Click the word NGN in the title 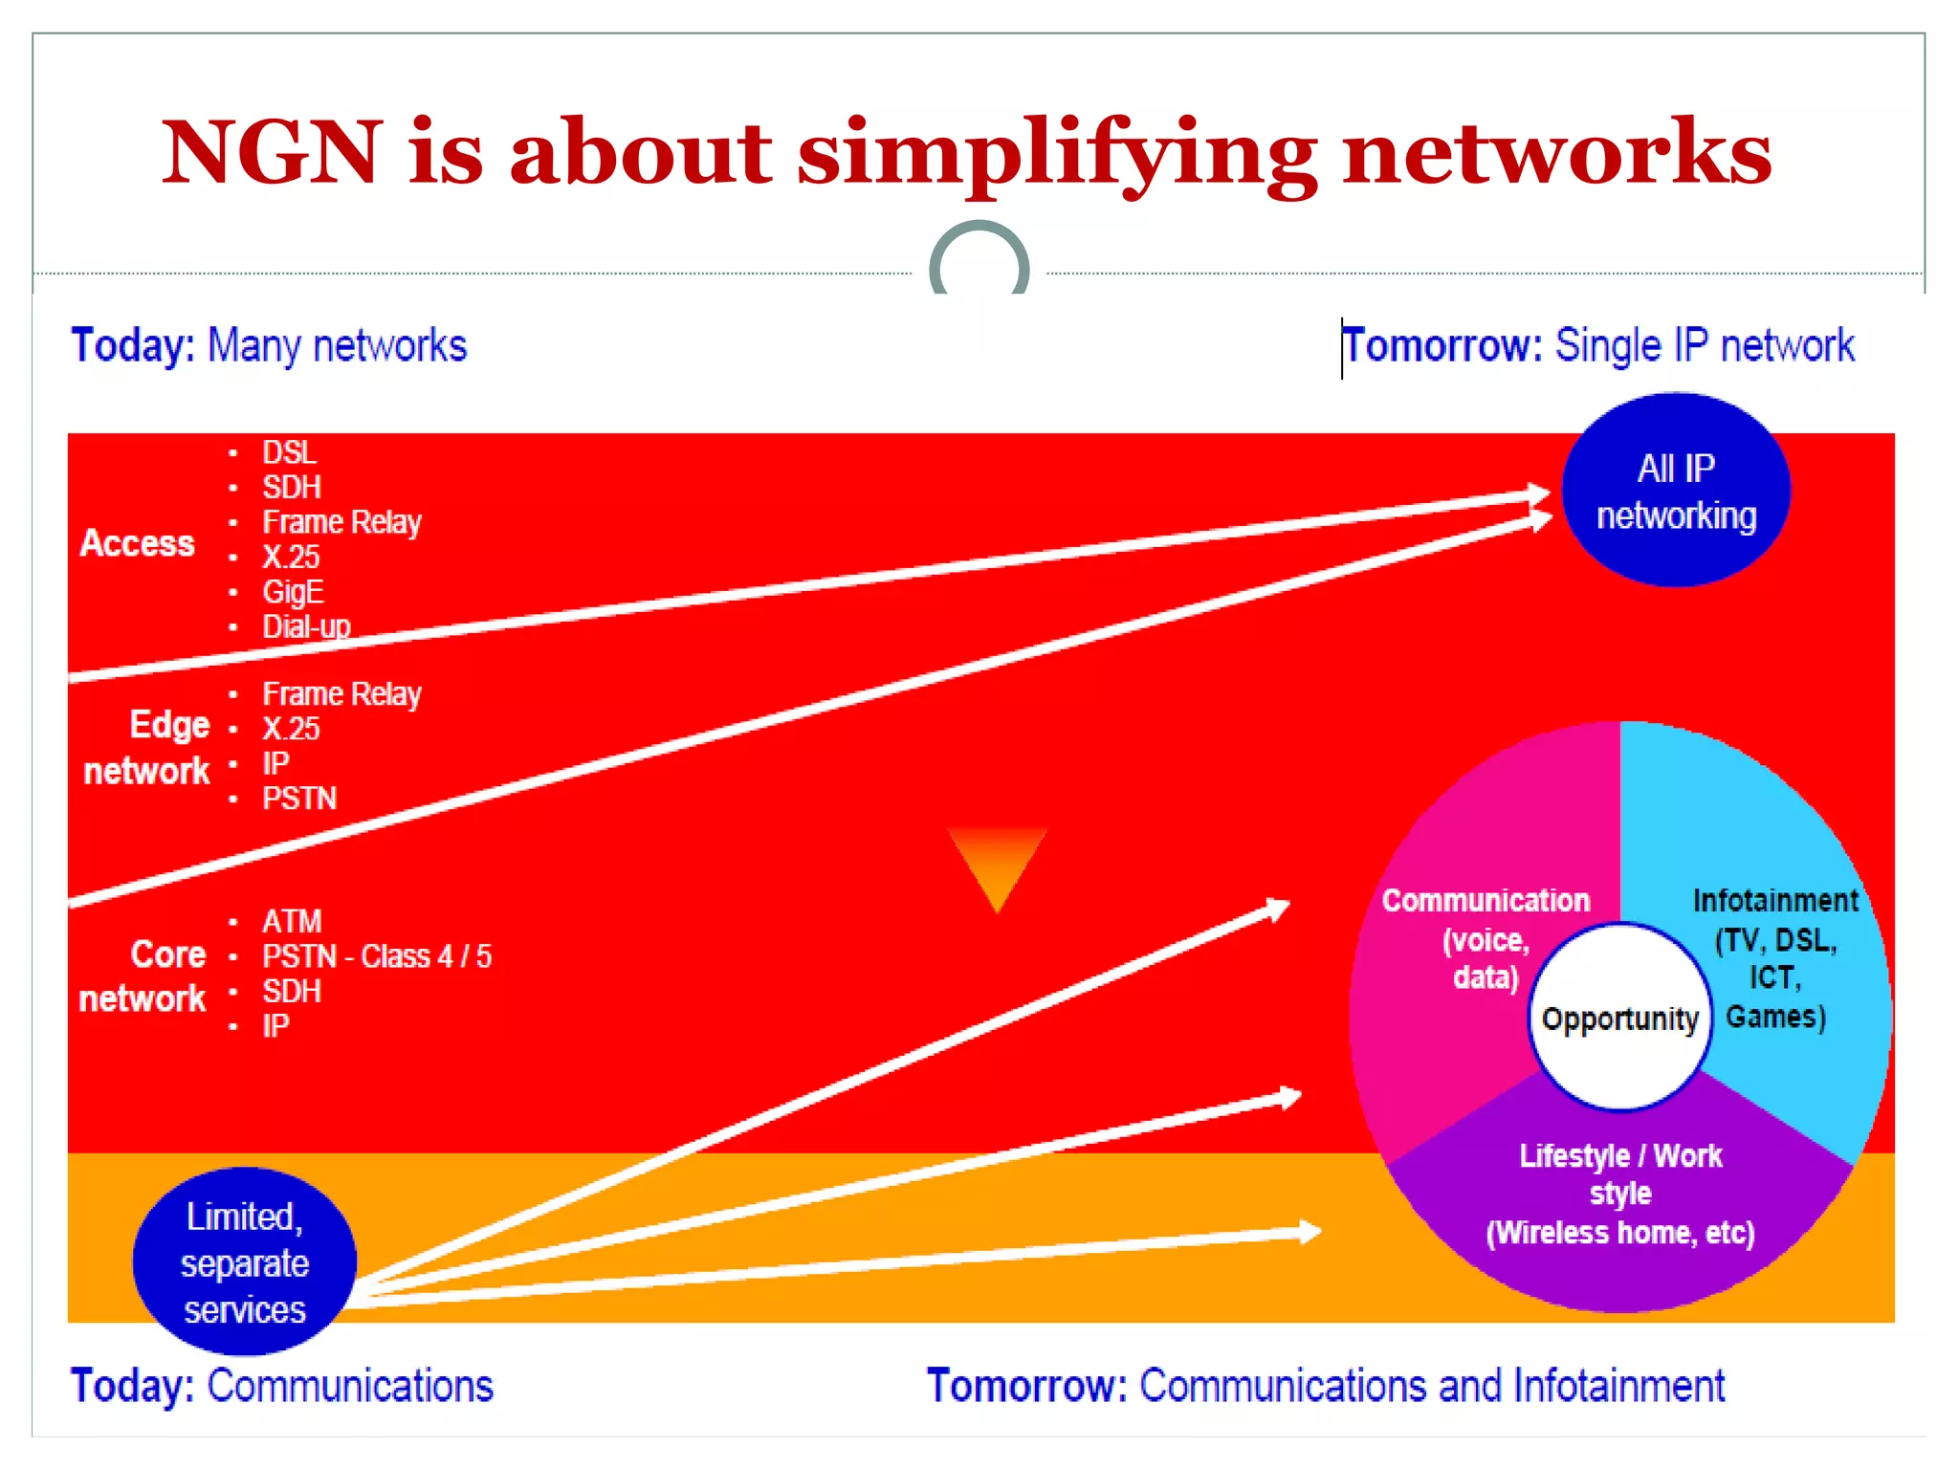[272, 153]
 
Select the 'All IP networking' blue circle [1676, 491]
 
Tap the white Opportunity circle [1619, 1018]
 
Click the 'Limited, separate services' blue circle [244, 1262]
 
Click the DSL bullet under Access [289, 452]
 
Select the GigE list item [293, 592]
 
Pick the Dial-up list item [306, 626]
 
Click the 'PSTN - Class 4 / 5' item [377, 956]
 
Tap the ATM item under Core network [292, 921]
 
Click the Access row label [138, 543]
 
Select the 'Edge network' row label [148, 748]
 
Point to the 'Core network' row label [143, 976]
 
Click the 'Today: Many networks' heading [269, 346]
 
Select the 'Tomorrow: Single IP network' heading [1598, 346]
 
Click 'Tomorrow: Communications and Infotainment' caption [1325, 1386]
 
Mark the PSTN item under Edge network [299, 799]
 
